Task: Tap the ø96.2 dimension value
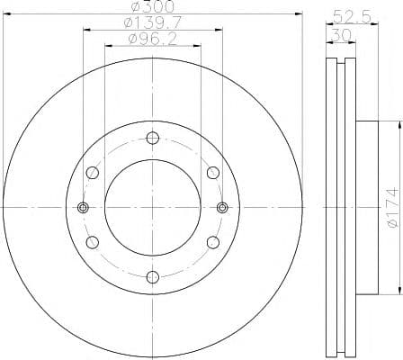(152, 40)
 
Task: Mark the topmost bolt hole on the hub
(152, 138)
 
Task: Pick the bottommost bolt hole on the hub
(152, 276)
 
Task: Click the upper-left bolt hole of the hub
(92, 173)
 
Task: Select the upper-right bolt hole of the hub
(212, 173)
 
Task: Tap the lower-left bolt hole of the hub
(92, 242)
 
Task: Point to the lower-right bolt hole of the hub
(212, 242)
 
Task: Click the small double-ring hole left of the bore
(83, 208)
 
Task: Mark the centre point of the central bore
(152, 208)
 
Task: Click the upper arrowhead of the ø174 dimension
(397, 123)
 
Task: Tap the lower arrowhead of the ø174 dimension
(397, 292)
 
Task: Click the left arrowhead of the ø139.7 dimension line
(85, 30)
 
